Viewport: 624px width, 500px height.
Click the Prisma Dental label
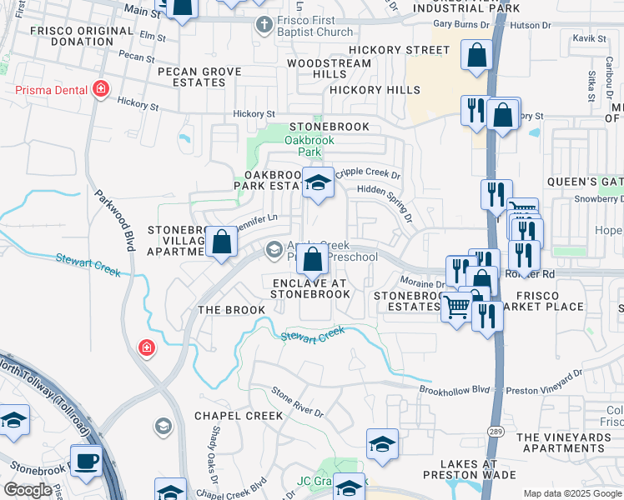pyautogui.click(x=47, y=88)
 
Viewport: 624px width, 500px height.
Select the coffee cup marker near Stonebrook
pyautogui.click(x=86, y=460)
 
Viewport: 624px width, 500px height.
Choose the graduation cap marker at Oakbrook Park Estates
pyautogui.click(x=318, y=184)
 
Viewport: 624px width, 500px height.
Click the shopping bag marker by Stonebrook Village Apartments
pyautogui.click(x=222, y=242)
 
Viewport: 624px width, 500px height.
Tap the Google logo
pyautogui.click(x=28, y=490)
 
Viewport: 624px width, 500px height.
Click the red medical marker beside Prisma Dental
pyautogui.click(x=102, y=88)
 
